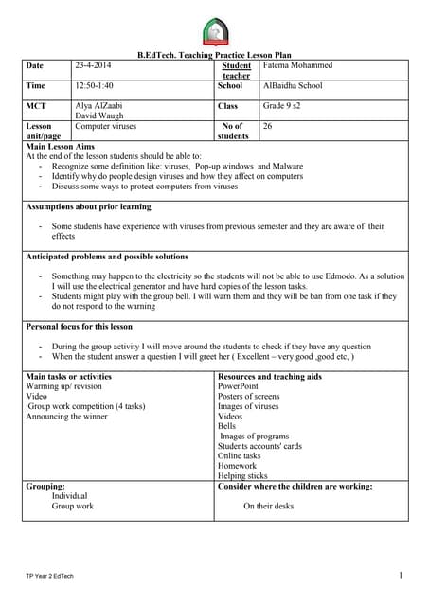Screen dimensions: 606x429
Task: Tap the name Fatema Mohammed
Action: click(298, 65)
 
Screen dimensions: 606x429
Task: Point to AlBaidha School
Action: click(293, 85)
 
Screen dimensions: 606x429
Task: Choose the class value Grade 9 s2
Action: click(286, 106)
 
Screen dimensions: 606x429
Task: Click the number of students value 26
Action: click(268, 125)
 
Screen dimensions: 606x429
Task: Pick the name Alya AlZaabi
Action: click(98, 106)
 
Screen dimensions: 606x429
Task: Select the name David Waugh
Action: click(98, 116)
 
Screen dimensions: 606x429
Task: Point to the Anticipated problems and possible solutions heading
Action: click(107, 257)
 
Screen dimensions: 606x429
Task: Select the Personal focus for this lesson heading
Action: click(80, 326)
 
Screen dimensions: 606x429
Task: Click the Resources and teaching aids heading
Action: click(269, 377)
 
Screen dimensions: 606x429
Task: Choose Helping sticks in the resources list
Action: click(242, 475)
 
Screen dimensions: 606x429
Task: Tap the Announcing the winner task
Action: click(67, 416)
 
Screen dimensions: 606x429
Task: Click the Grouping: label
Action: click(45, 487)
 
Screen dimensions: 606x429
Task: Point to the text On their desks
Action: click(268, 507)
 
